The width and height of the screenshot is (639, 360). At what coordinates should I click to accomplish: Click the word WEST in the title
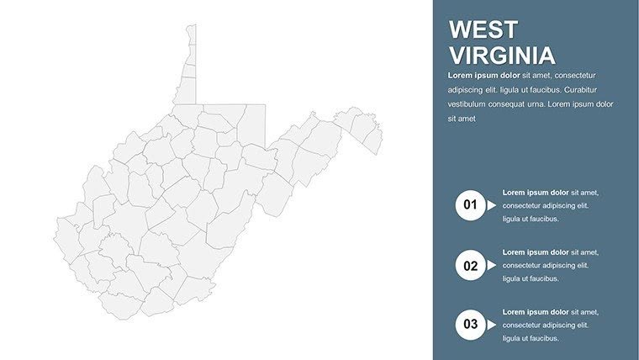coord(483,30)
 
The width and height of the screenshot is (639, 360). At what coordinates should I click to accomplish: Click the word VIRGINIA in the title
coord(502,56)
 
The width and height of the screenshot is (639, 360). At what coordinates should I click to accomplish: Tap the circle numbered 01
coord(470,204)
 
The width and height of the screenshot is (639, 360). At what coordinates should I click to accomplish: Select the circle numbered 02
coord(470,266)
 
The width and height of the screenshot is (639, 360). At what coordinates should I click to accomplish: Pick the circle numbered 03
coord(470,324)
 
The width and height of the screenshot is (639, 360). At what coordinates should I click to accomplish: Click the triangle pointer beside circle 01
coord(492,204)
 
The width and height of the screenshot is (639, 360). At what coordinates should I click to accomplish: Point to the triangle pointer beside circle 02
coord(492,266)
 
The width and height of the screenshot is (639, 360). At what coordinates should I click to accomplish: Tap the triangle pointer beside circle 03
coord(492,324)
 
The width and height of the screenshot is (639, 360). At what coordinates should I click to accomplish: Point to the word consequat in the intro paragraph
coord(519,104)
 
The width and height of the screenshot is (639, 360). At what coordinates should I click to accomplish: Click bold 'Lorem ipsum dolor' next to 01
coord(536,192)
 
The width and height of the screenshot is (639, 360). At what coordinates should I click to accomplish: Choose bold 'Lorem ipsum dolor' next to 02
coord(536,251)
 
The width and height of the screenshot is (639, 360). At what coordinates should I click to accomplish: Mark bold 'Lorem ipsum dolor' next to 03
coord(536,311)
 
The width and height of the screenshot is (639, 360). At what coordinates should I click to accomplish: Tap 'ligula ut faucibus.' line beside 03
coord(531,338)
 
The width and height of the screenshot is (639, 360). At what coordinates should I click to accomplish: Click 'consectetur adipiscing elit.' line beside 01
coord(546,205)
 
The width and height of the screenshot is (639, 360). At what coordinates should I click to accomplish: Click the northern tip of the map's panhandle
coord(192,26)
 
